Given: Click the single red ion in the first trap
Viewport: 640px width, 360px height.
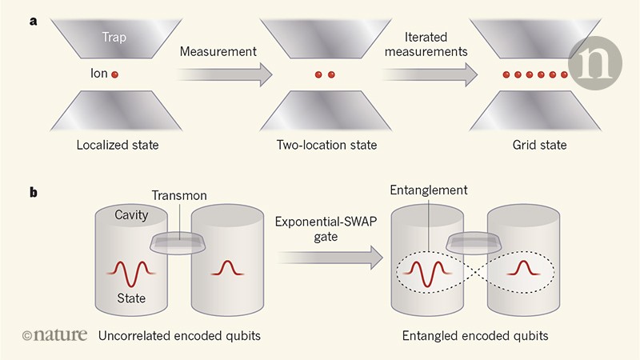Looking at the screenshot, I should point(114,75).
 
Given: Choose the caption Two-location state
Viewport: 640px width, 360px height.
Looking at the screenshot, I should point(326,146).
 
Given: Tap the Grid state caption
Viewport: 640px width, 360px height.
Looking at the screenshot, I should point(538,146).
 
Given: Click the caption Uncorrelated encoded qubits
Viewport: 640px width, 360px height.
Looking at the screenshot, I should point(174,336).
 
